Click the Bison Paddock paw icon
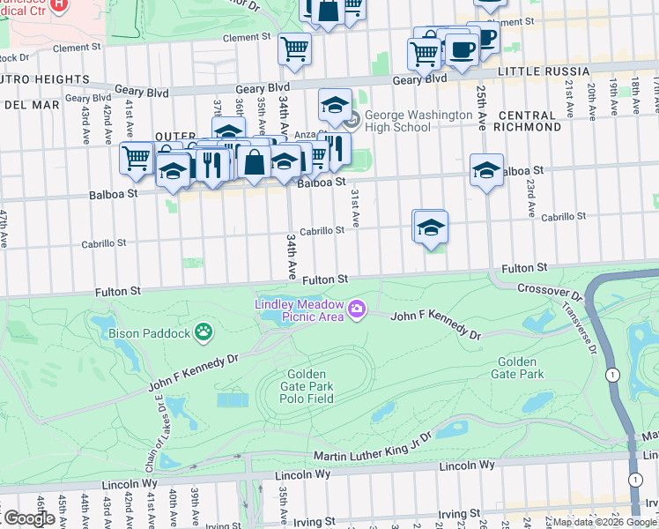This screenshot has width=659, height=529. coord(204,332)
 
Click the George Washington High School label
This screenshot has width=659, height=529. coord(418,121)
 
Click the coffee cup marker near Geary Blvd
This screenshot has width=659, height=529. coord(461,49)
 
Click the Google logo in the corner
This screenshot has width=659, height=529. coord(29,518)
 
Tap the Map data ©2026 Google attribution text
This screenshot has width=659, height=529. coord(604,522)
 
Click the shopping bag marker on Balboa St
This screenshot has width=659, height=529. coord(254,162)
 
